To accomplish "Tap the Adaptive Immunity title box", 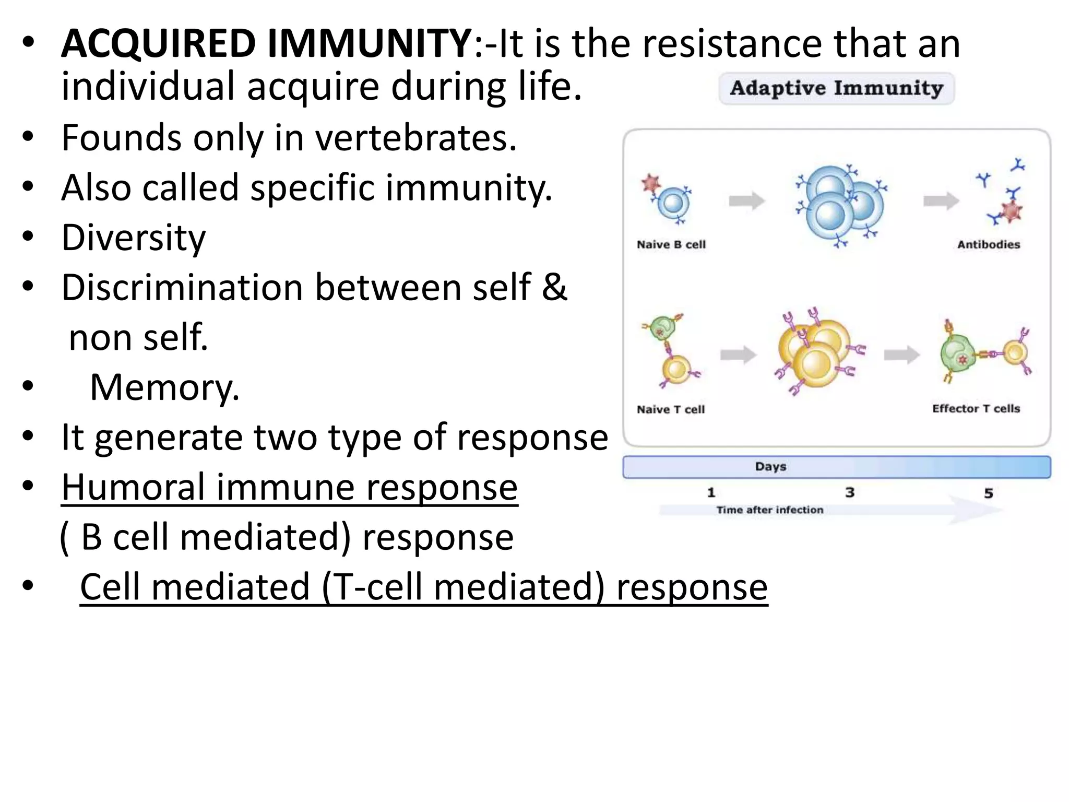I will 836,88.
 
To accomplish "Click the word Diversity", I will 134,238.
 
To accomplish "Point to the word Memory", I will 164,387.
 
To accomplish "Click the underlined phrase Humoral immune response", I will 289,487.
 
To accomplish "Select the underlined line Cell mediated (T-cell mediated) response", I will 423,587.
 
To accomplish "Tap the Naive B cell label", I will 671,244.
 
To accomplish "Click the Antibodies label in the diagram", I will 988,244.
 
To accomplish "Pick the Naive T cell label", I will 670,409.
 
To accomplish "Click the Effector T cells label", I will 976,408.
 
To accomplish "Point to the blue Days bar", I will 836,467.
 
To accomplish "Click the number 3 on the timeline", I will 849,492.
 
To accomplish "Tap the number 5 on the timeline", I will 988,493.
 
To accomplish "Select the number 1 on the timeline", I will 710,492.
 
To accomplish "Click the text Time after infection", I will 769,510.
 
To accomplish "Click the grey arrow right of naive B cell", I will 746,200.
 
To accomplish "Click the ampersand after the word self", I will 554,287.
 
